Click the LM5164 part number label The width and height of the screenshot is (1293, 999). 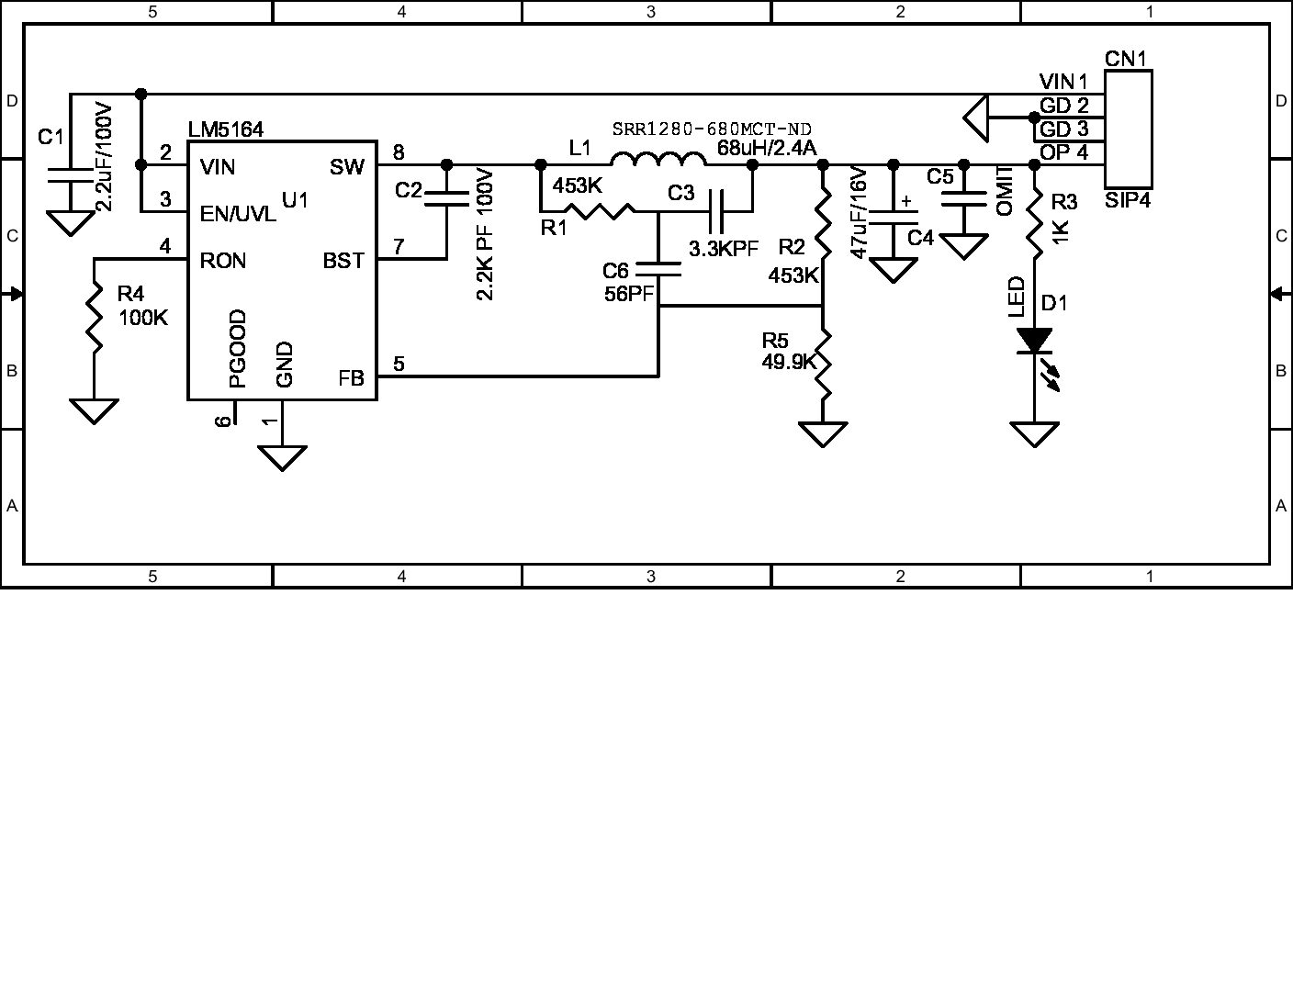coord(226,130)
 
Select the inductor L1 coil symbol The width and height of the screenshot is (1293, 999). coord(658,161)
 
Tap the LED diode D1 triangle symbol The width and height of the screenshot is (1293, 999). coord(1035,341)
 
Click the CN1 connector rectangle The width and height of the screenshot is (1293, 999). coord(1128,129)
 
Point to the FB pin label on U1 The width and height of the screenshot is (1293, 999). coord(351,377)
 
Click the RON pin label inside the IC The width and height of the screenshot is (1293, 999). coord(223,261)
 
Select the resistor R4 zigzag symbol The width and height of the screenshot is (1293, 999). coord(94,314)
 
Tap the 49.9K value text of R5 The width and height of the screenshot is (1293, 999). coord(789,362)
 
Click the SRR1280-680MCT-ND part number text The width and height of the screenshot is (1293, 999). coord(712,129)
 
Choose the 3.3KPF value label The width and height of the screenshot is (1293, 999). coord(724,248)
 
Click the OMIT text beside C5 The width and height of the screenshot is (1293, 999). coord(1005,191)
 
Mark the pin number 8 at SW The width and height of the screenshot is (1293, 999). coord(398,152)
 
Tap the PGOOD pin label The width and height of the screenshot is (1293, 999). coord(238,349)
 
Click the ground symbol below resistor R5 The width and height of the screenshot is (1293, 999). coord(824,433)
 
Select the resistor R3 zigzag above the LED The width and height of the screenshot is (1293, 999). coord(1035,222)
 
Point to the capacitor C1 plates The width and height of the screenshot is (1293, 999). coord(70,175)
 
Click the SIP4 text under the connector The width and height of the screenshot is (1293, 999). coord(1128,199)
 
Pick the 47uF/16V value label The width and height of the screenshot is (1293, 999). coord(860,213)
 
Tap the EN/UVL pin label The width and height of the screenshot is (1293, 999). coord(238,214)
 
